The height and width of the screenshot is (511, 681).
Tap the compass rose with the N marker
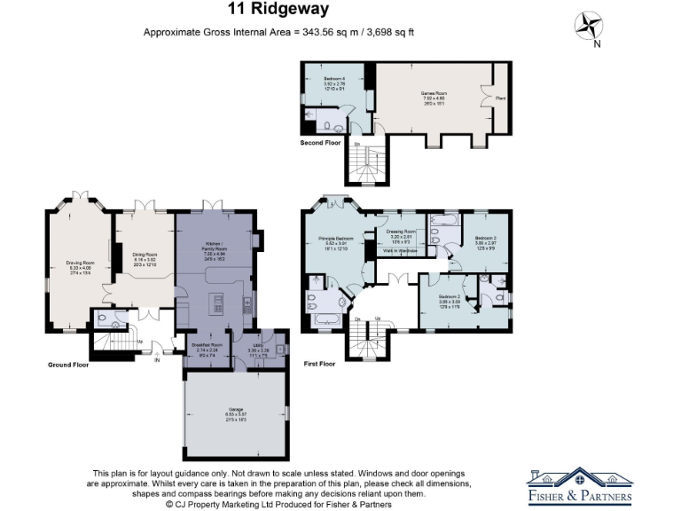pos(587,25)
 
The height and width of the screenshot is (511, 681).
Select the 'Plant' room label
pos(501,99)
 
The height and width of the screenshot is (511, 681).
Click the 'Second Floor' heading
pos(320,142)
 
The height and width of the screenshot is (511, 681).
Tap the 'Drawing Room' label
pos(80,263)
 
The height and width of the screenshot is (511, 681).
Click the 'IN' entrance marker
pos(158,359)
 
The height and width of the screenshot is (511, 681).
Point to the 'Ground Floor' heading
pos(68,364)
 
